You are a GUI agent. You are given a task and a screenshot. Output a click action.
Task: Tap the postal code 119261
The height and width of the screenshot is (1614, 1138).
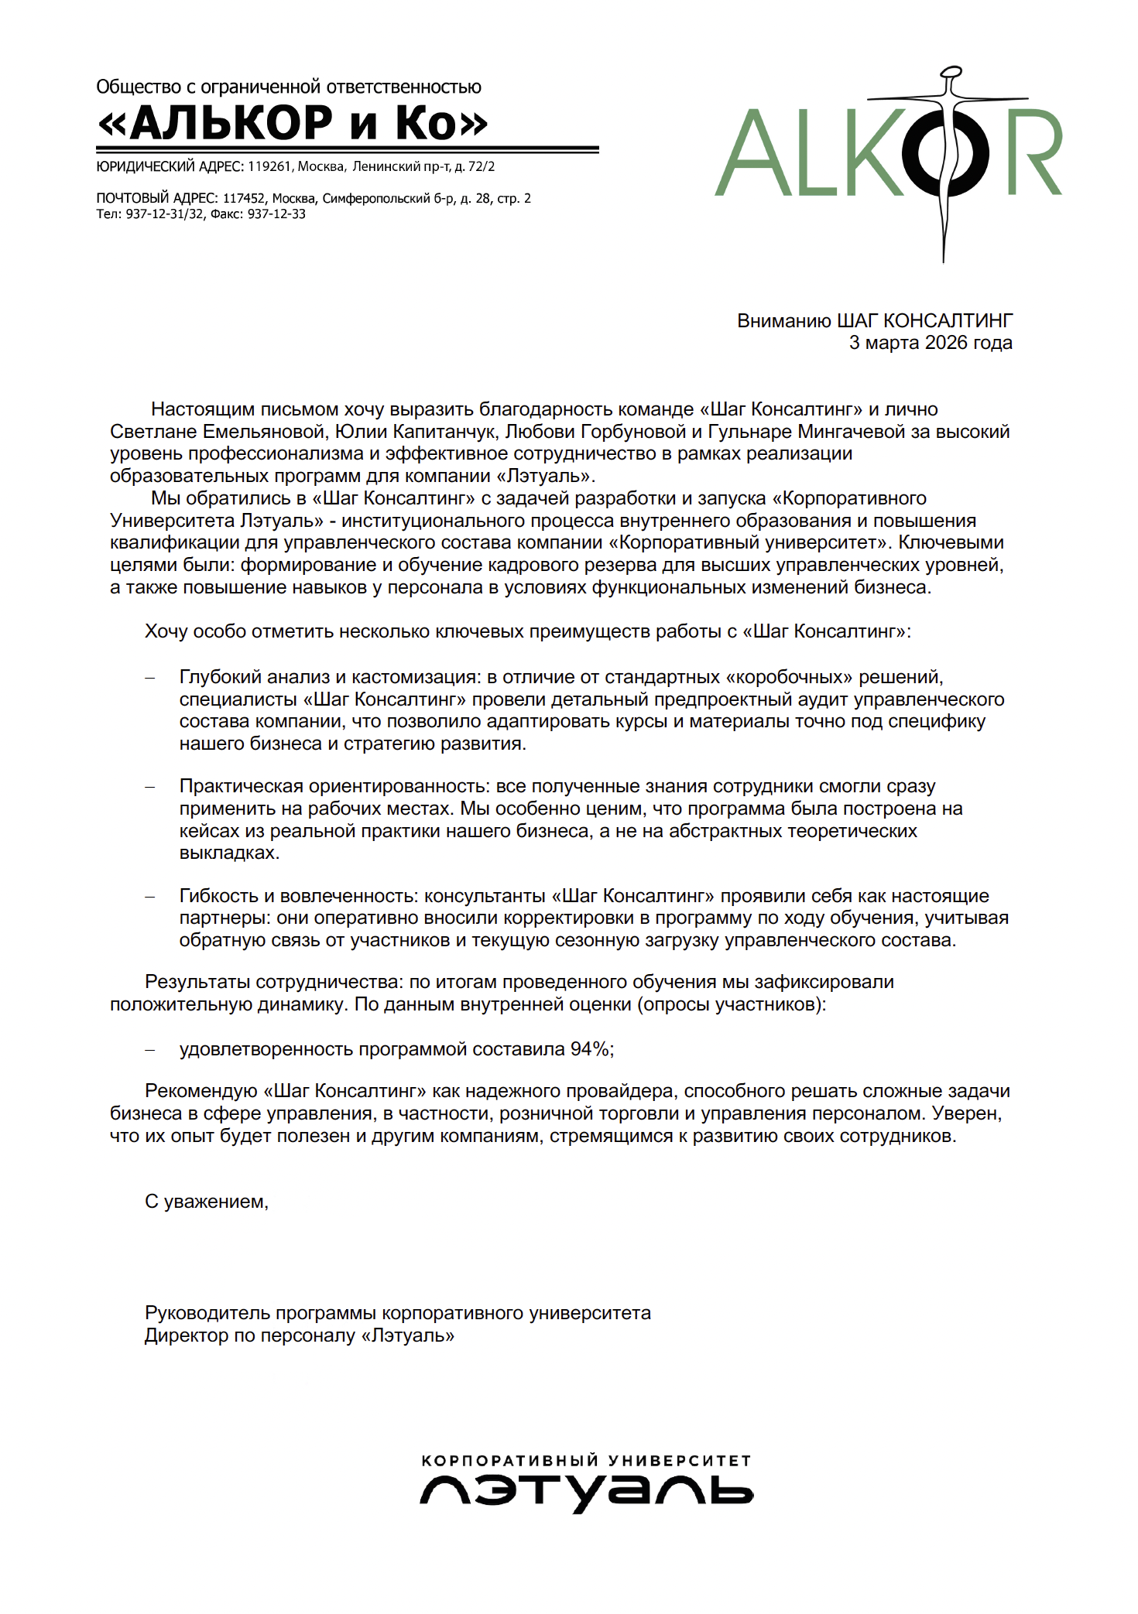click(269, 166)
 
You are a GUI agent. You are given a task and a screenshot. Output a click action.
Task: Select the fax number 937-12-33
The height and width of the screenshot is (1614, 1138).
click(276, 214)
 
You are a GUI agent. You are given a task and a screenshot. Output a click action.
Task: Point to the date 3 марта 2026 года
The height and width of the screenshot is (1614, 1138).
click(931, 343)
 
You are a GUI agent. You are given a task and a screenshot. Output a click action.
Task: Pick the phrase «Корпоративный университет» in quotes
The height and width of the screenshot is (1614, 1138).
click(749, 542)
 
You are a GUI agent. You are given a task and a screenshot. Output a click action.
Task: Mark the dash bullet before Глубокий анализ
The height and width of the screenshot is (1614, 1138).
click(150, 678)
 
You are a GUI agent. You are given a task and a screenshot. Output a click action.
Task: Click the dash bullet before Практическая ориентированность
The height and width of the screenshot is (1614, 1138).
click(150, 787)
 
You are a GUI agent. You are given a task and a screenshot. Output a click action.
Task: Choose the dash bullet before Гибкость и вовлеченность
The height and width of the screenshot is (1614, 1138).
click(150, 896)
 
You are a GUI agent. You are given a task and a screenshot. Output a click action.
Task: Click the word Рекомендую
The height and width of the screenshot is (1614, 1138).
click(201, 1091)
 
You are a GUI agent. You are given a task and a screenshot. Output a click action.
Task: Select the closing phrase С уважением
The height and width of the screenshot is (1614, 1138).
click(206, 1202)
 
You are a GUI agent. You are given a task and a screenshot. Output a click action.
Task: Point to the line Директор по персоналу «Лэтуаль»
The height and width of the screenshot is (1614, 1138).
click(299, 1335)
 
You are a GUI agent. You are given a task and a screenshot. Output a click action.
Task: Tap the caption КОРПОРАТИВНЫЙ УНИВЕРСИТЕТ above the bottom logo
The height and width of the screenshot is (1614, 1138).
click(586, 1461)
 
